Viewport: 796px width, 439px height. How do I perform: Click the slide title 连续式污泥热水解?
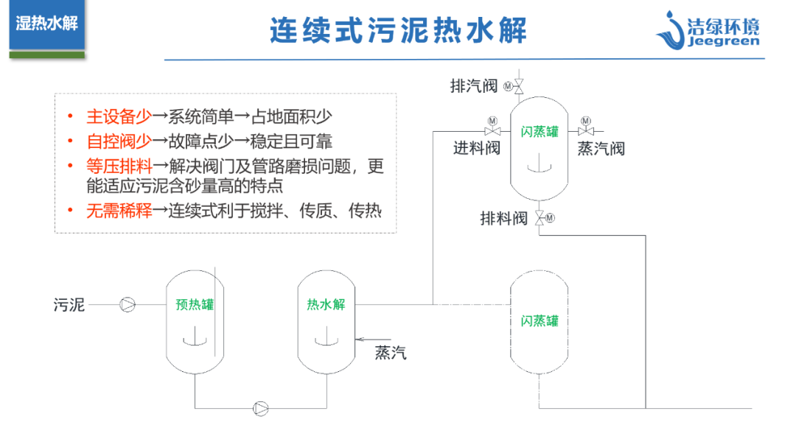pyautogui.click(x=397, y=31)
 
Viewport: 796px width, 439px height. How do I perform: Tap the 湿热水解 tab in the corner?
pyautogui.click(x=46, y=23)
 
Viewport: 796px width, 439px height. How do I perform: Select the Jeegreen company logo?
pyautogui.click(x=707, y=30)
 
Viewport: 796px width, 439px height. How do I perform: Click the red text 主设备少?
pyautogui.click(x=119, y=116)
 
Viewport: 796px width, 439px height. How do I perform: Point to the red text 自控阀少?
pyautogui.click(x=119, y=141)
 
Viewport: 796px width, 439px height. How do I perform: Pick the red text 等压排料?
pyautogui.click(x=119, y=166)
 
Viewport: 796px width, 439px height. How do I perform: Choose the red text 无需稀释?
pyautogui.click(x=119, y=211)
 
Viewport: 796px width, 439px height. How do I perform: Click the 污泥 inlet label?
pyautogui.click(x=69, y=304)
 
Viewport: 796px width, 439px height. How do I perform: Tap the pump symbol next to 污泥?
pyautogui.click(x=128, y=303)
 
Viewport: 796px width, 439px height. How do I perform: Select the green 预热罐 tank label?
pyautogui.click(x=195, y=304)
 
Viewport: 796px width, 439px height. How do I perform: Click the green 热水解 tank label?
pyautogui.click(x=326, y=304)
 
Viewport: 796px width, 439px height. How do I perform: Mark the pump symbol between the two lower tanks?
pyautogui.click(x=261, y=407)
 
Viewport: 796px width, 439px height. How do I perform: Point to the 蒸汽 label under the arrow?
pyautogui.click(x=391, y=353)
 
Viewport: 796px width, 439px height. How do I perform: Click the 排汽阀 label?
pyautogui.click(x=474, y=86)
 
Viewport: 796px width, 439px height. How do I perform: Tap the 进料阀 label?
pyautogui.click(x=476, y=148)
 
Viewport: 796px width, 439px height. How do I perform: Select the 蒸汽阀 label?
pyautogui.click(x=601, y=148)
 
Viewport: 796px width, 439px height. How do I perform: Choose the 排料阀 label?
pyautogui.click(x=504, y=218)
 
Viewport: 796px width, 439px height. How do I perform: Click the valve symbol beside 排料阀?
pyautogui.click(x=540, y=217)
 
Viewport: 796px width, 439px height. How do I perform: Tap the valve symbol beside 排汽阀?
pyautogui.click(x=518, y=86)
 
